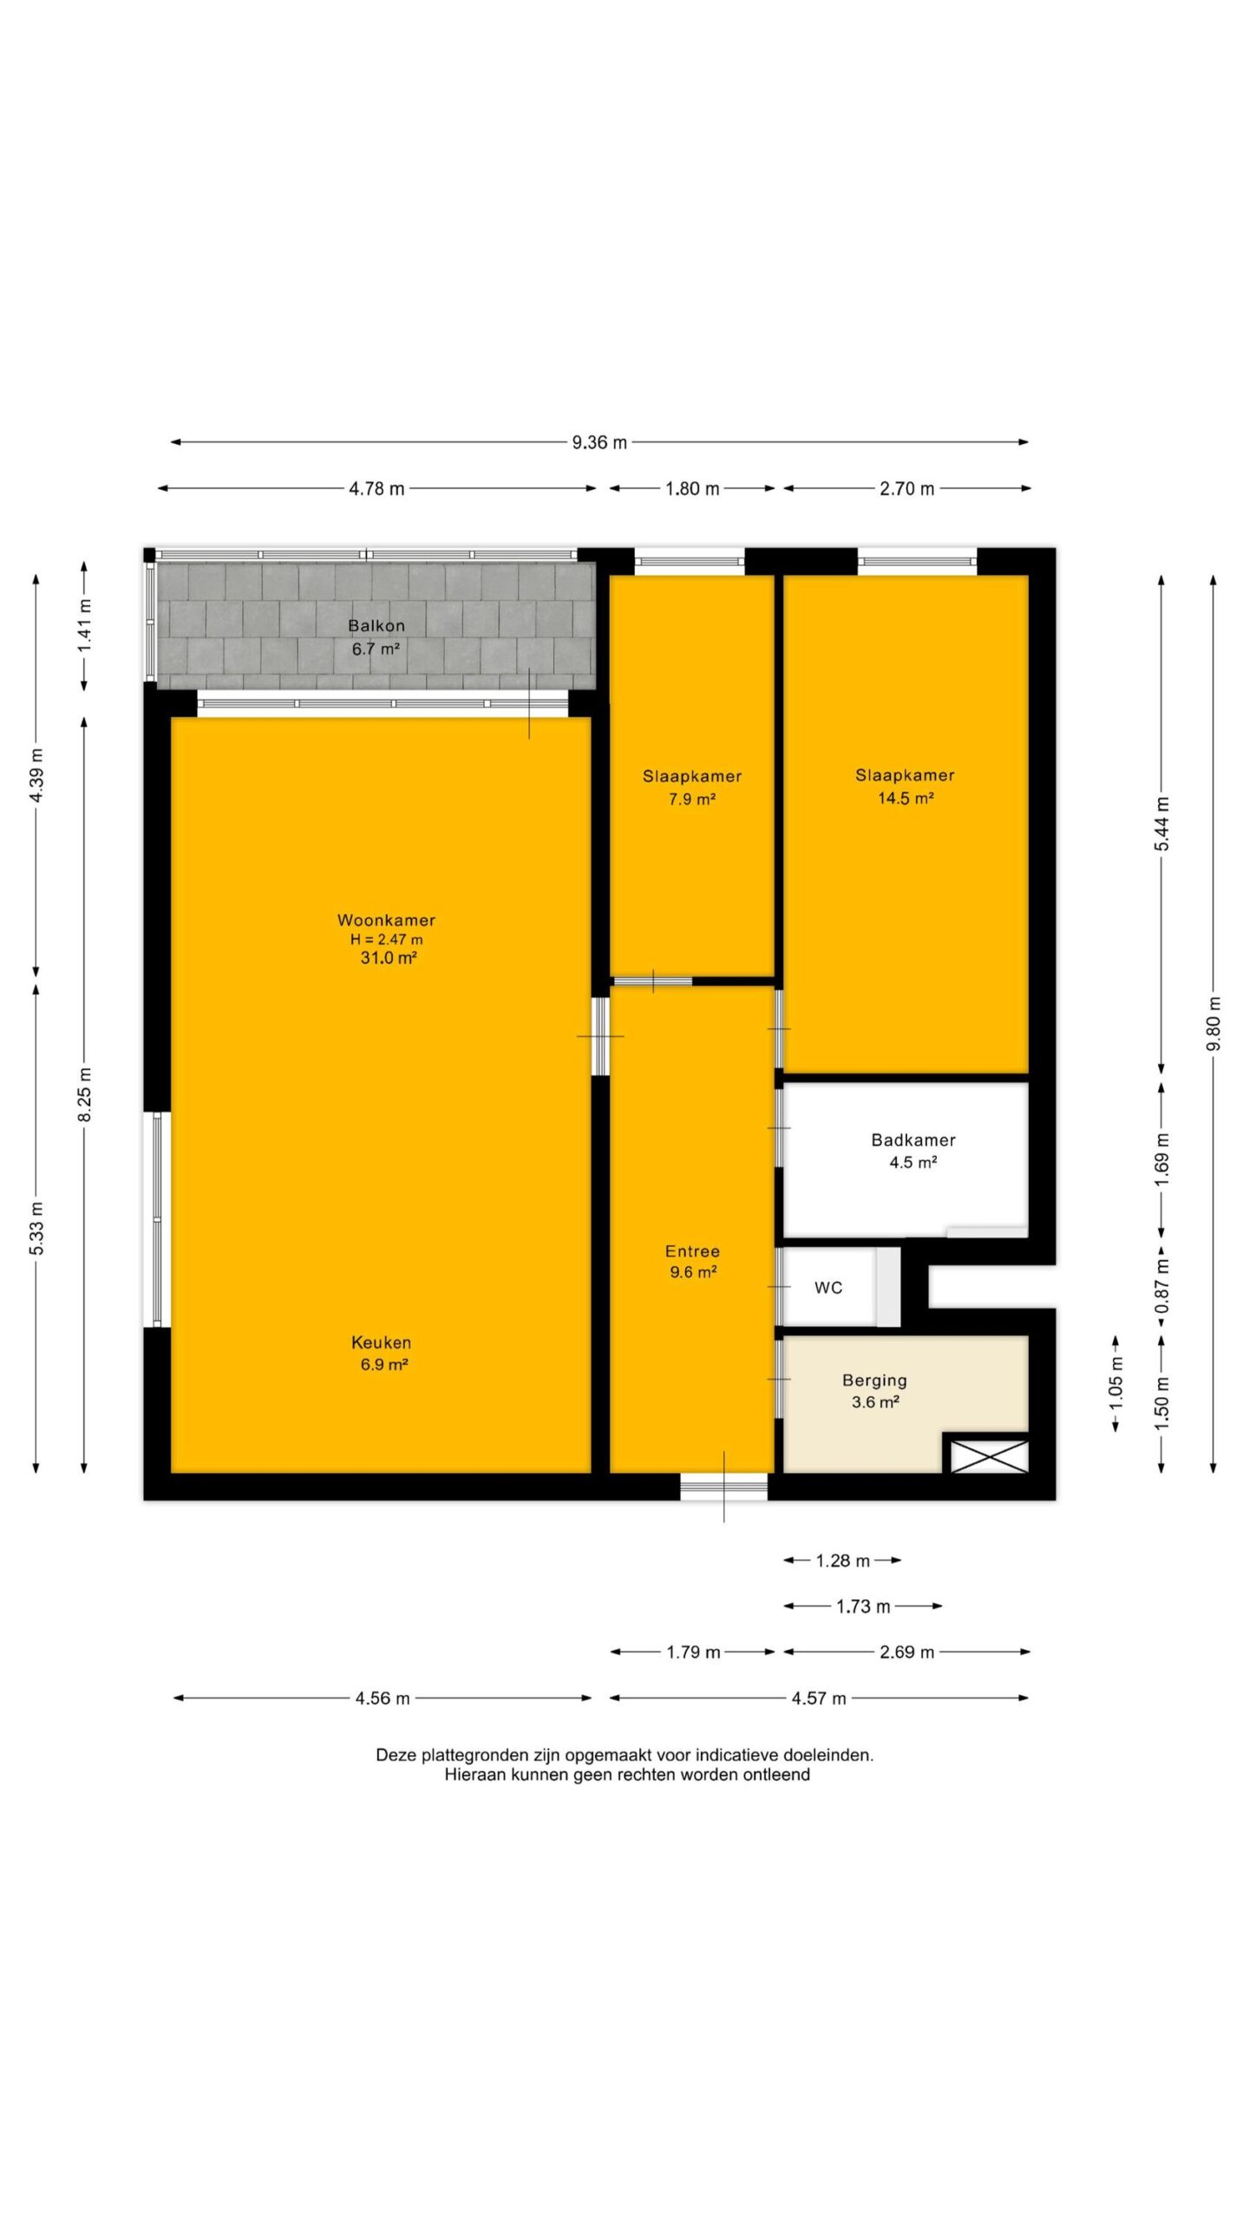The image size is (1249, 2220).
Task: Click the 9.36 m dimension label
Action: tap(598, 442)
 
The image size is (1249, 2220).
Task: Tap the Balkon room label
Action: tap(376, 625)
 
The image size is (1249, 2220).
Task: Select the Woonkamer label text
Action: tap(386, 920)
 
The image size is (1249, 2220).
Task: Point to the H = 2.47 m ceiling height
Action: tap(387, 939)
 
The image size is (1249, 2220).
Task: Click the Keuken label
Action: tap(381, 1342)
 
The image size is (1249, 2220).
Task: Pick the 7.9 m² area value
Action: tap(691, 800)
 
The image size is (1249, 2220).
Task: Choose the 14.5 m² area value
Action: tap(906, 799)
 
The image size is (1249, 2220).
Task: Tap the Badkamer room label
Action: tap(913, 1140)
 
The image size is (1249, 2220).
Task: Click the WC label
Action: tap(828, 1288)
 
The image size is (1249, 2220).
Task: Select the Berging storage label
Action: tap(874, 1380)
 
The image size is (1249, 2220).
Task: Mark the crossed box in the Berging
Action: tap(989, 1456)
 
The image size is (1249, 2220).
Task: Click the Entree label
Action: tap(692, 1251)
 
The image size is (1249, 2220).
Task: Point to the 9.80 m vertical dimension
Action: tap(1213, 1023)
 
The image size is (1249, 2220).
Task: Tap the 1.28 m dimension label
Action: tap(842, 1561)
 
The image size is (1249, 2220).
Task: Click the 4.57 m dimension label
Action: tap(818, 1698)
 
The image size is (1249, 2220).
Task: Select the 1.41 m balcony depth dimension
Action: tap(84, 626)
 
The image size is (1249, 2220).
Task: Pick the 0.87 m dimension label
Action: tap(1162, 1285)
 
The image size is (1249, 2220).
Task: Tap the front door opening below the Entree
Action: tap(723, 1486)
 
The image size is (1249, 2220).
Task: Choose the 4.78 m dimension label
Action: tap(376, 488)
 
